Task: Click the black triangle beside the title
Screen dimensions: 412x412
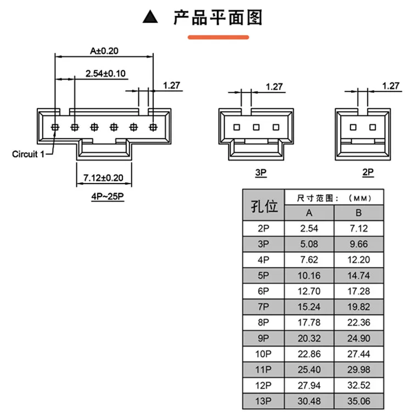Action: coord(151,17)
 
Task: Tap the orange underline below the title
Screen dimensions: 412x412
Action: coord(218,37)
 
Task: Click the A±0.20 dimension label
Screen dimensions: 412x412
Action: coord(104,51)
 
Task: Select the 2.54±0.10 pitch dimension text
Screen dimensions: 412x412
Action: coord(105,74)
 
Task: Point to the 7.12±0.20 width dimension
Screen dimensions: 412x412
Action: coord(103,178)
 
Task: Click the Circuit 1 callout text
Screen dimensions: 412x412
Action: coord(28,154)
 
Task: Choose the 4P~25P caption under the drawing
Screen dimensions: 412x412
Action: coord(108,196)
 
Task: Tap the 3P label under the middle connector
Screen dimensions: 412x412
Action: coord(261,172)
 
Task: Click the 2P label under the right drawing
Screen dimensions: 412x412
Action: coord(368,172)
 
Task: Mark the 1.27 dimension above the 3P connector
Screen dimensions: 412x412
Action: coord(274,87)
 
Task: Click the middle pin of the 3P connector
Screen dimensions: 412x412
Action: coord(256,127)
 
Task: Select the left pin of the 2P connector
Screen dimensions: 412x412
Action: coord(353,127)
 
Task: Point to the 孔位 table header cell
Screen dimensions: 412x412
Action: coord(264,205)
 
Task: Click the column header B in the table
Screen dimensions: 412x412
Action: coord(359,213)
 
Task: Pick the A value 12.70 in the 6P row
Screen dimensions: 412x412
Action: coord(309,291)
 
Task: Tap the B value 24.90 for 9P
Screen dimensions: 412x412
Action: coord(359,338)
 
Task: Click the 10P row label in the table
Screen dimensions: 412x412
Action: coord(263,354)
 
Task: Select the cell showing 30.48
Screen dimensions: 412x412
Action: coord(309,401)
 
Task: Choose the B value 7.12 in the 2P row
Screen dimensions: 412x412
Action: coord(359,229)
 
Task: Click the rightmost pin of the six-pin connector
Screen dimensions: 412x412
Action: coord(153,127)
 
